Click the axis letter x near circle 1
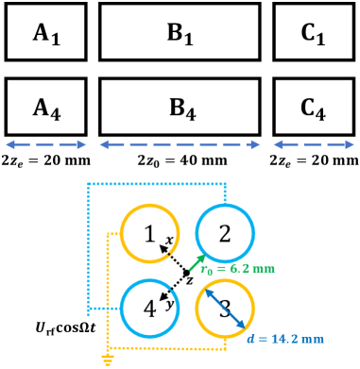(x=168, y=242)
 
